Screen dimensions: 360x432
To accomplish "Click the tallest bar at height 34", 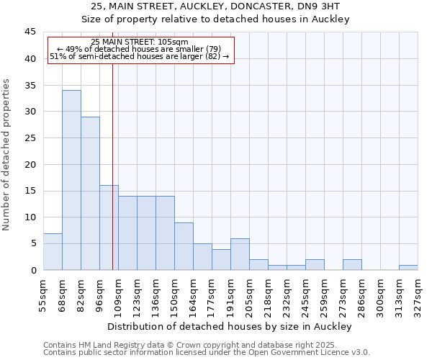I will [x=71, y=180].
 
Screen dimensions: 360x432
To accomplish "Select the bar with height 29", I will [x=90, y=193].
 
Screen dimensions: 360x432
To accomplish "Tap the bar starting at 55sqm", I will [x=53, y=251].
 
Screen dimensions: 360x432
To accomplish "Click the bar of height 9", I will [x=184, y=246].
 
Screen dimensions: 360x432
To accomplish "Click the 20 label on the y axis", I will [x=30, y=164].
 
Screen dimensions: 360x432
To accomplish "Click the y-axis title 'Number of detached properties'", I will [x=7, y=155].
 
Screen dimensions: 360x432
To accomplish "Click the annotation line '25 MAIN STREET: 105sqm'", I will [x=140, y=42].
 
